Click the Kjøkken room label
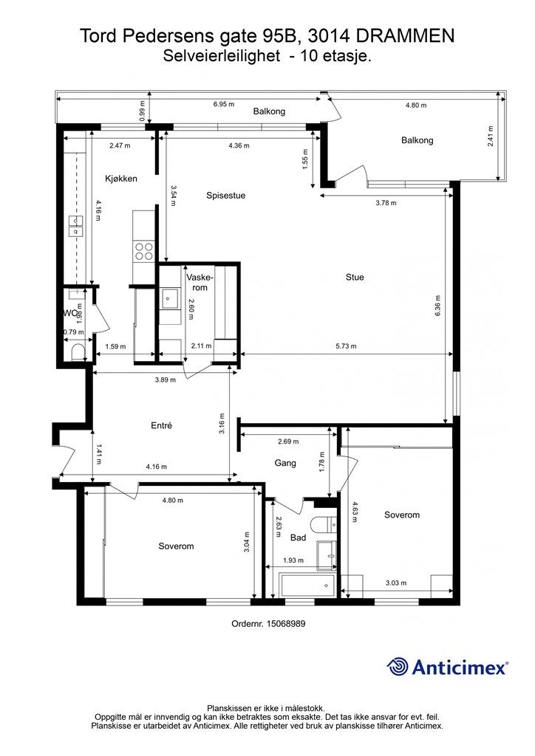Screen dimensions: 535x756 click(x=121, y=179)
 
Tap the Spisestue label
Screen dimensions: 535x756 click(x=226, y=196)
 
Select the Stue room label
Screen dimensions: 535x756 click(x=355, y=278)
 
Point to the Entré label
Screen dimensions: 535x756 click(x=161, y=426)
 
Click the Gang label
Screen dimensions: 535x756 click(x=285, y=464)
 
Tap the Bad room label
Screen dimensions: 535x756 click(x=298, y=537)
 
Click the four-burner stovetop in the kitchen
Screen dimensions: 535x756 click(x=144, y=251)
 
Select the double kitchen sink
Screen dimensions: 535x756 click(x=76, y=226)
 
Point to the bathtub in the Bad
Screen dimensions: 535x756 click(x=308, y=585)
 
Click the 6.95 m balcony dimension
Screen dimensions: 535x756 click(x=224, y=104)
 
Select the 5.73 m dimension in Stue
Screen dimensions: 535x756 click(x=347, y=346)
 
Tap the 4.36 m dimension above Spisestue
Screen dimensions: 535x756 click(x=239, y=145)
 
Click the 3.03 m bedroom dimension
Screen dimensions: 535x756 click(x=396, y=583)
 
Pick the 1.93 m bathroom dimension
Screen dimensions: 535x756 click(x=293, y=560)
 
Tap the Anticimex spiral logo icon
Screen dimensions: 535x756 click(x=397, y=667)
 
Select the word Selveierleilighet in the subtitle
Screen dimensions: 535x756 click(x=222, y=56)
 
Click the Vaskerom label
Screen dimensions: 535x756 click(x=200, y=283)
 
